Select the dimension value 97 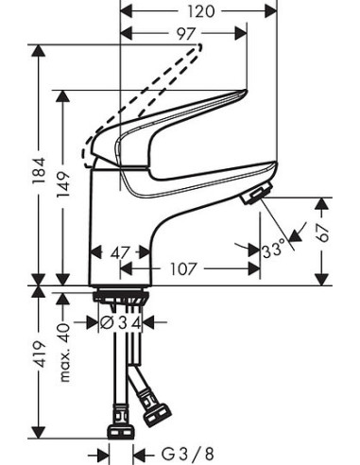[185, 35]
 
